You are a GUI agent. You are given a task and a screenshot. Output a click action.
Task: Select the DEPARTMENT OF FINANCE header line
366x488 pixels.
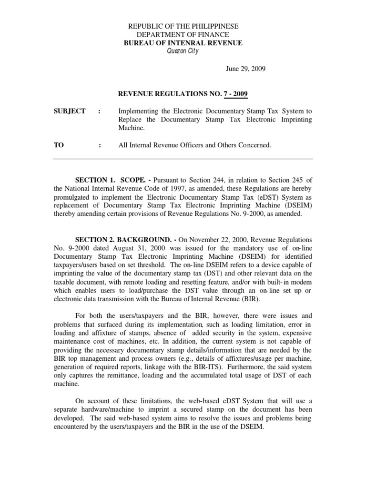183,35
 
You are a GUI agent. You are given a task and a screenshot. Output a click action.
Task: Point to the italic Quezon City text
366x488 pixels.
183,51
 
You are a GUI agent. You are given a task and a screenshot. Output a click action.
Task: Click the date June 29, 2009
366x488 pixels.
245,69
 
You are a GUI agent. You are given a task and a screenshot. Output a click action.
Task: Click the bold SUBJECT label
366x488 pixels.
70,111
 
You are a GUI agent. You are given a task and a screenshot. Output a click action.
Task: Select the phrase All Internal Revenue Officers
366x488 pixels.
161,145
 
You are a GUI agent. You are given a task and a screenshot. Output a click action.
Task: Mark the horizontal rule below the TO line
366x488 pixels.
183,159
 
